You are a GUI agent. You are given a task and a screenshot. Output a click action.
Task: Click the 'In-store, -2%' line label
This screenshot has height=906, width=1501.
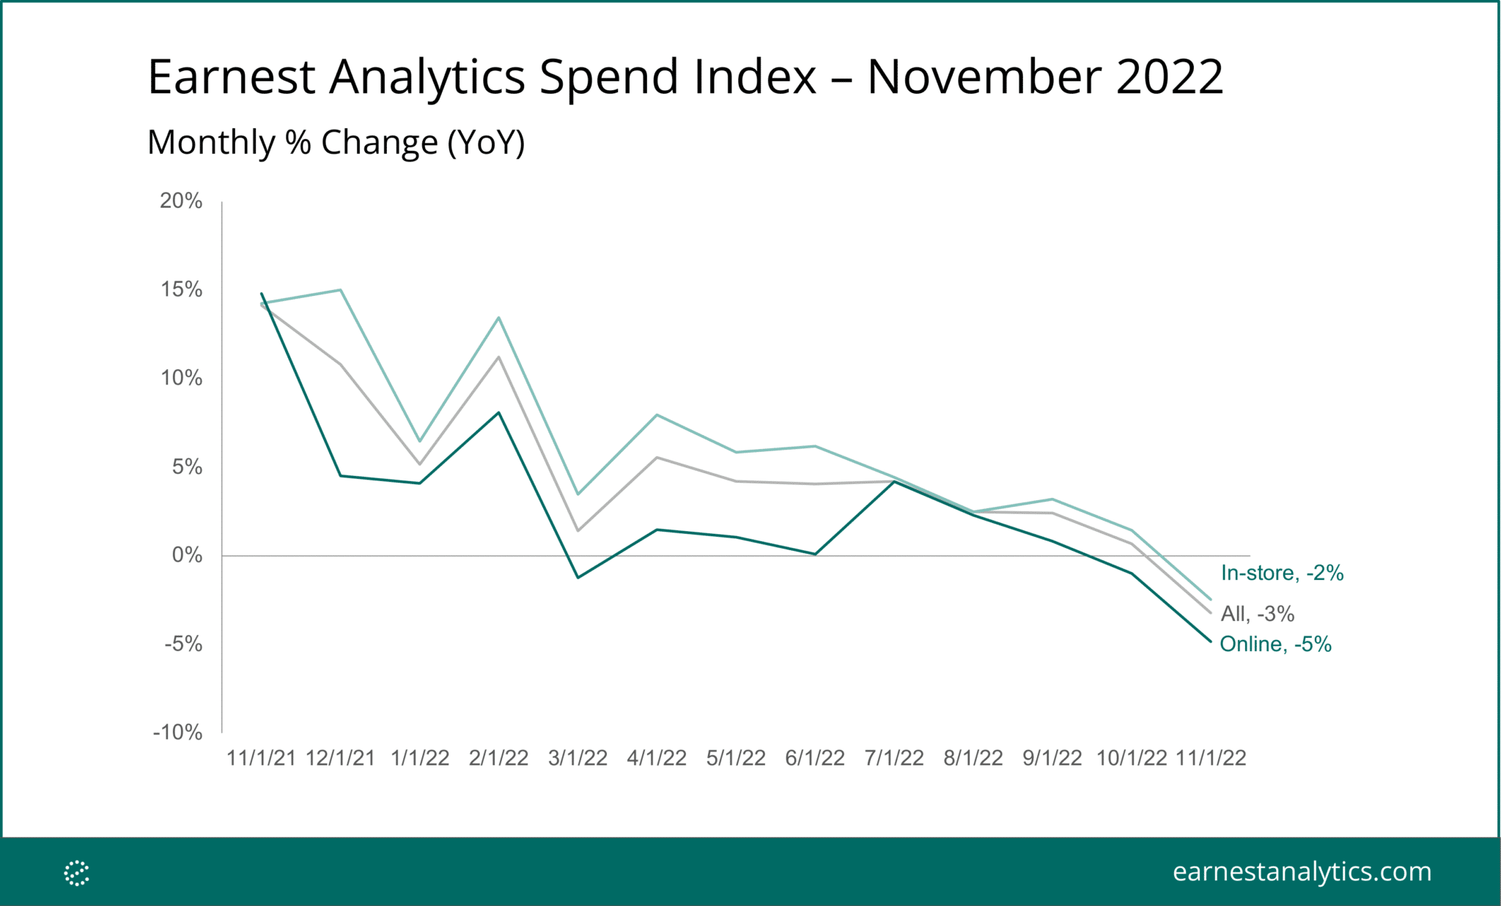tap(1282, 573)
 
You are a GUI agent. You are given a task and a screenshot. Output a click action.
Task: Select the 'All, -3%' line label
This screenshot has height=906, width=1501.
tap(1257, 614)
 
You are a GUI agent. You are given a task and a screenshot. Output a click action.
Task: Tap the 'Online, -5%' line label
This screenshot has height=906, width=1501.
tap(1275, 644)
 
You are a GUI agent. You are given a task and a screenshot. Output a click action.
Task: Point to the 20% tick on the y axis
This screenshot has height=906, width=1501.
tap(181, 201)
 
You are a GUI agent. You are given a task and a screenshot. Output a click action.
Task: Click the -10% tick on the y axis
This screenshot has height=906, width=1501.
tap(177, 732)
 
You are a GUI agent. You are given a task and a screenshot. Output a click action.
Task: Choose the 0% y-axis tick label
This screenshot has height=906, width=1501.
tap(187, 555)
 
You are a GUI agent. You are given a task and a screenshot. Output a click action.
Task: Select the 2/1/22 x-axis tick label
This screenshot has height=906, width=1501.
tap(498, 758)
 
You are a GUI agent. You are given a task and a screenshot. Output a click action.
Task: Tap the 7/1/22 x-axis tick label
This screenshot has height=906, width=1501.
tap(894, 758)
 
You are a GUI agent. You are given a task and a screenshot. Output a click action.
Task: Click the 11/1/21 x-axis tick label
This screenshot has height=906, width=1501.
tap(261, 758)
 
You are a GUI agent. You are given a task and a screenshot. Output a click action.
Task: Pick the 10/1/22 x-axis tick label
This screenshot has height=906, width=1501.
tap(1132, 758)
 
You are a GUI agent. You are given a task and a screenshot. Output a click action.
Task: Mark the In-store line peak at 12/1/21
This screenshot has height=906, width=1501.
tap(341, 290)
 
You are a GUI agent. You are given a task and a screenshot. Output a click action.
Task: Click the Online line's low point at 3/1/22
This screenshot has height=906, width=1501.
tap(578, 577)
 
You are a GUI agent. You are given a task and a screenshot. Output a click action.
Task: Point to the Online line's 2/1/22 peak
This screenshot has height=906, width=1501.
tap(498, 412)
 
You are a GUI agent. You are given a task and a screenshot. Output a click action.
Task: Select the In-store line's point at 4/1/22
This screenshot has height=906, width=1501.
tap(657, 415)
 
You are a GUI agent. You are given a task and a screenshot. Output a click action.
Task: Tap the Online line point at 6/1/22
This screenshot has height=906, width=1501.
tap(815, 554)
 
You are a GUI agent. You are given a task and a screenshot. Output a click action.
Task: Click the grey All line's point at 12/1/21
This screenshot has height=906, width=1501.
tap(341, 364)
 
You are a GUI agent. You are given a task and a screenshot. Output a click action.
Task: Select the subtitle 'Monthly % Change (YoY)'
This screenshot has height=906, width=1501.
tap(336, 142)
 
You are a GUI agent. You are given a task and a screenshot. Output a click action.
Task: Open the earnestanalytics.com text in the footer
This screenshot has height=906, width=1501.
tap(1302, 872)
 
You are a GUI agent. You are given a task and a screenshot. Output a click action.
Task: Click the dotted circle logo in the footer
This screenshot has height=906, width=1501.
tap(76, 872)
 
